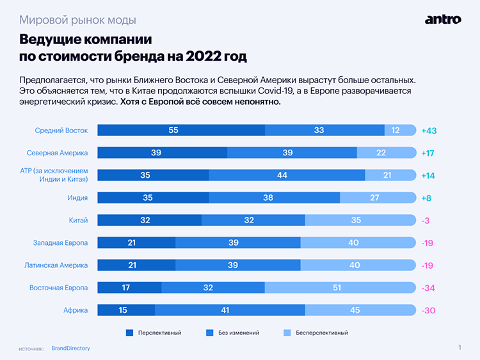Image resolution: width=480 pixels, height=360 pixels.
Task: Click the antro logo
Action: click(443, 20)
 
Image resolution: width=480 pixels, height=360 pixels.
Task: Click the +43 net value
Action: click(429, 130)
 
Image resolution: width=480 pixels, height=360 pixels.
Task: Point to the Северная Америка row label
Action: click(57, 153)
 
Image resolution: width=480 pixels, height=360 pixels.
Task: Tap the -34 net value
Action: click(429, 288)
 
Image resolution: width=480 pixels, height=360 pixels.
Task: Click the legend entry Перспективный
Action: click(153, 333)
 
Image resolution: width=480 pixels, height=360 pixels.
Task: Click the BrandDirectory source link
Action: click(70, 348)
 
